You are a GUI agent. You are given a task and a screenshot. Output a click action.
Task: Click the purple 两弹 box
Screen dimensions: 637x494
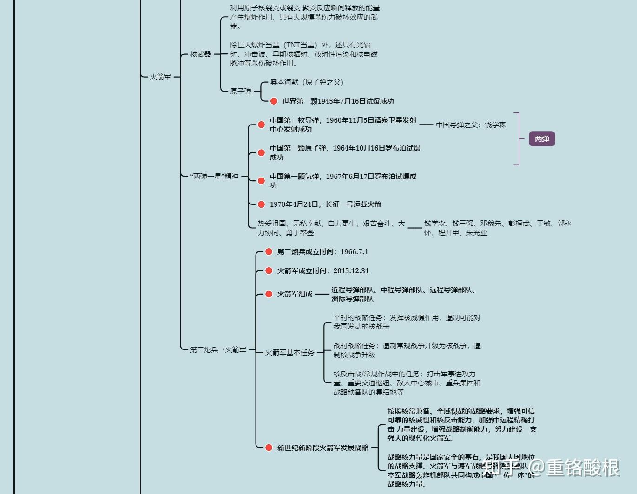pos(542,138)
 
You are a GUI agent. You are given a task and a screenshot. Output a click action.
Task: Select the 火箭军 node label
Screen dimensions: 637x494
pos(160,77)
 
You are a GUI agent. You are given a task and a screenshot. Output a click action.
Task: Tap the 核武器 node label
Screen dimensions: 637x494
pos(201,54)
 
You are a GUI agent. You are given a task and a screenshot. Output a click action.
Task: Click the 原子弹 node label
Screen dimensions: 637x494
pos(241,92)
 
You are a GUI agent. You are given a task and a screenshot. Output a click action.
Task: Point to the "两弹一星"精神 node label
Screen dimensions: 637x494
pos(214,177)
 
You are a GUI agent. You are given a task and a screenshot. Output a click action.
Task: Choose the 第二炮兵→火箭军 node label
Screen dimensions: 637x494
pos(218,350)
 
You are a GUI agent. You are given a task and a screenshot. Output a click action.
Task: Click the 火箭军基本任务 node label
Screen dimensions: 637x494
pos(290,353)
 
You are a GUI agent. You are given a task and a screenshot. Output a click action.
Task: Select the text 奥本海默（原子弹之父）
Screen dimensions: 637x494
pos(307,82)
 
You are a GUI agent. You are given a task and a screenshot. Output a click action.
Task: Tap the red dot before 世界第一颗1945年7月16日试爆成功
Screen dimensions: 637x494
pos(274,101)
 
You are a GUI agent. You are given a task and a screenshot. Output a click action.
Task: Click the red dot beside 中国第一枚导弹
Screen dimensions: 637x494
pos(261,125)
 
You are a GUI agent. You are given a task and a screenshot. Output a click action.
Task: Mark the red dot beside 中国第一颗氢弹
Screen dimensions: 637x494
pos(261,181)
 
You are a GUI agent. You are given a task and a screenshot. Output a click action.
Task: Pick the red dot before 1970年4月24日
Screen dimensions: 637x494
pos(261,204)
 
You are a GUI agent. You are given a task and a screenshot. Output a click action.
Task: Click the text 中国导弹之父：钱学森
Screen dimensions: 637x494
pos(471,125)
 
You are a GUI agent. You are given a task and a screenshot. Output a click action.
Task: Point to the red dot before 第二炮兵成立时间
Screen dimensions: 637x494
pos(269,252)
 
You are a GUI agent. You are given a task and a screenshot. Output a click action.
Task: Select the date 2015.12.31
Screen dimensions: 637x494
pos(351,271)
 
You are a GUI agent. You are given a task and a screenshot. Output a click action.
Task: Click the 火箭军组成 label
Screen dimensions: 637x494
pos(295,294)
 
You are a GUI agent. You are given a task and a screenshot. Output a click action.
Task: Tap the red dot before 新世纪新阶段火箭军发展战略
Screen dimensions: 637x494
pos(269,448)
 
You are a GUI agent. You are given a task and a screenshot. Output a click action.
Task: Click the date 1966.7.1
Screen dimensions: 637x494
pos(354,252)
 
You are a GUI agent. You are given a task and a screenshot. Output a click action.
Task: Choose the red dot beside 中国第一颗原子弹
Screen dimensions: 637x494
pos(261,153)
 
